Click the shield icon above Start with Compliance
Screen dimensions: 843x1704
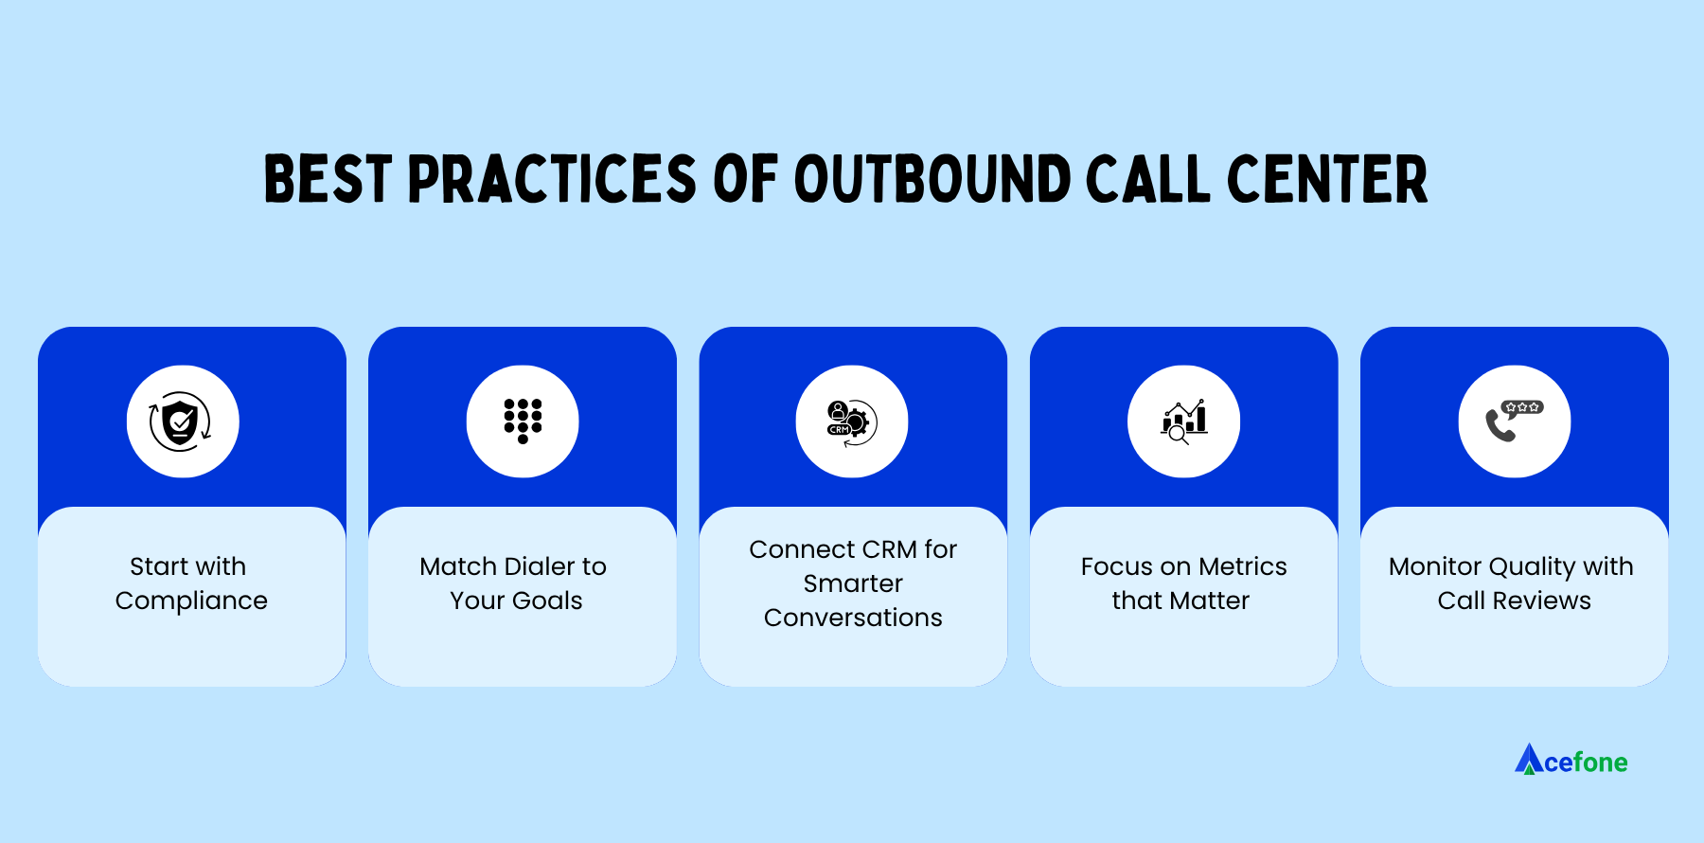coord(181,421)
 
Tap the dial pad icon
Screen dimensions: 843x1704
coord(523,421)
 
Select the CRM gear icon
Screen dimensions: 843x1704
coord(852,421)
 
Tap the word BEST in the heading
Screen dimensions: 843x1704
coord(328,179)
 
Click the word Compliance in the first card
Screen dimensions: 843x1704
coord(191,601)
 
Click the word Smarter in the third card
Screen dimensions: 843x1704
coord(853,583)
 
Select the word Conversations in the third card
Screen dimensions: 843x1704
coord(853,618)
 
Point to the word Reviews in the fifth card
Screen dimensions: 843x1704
coord(1541,601)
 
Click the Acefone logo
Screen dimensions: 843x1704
coord(1571,761)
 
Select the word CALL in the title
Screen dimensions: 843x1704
coord(1147,179)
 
